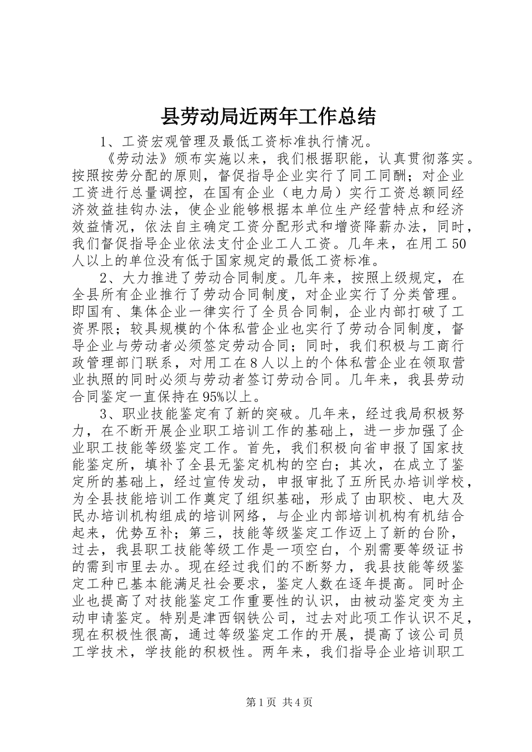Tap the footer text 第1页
point(259,702)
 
